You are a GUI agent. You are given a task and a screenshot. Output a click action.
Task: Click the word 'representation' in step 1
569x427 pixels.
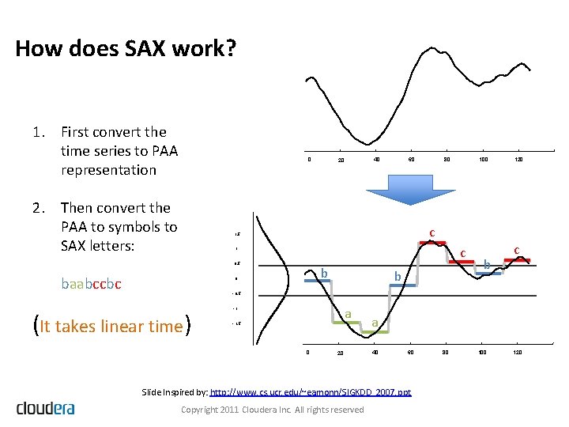[x=108, y=170]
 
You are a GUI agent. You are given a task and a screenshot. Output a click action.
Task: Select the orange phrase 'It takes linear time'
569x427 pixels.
[x=111, y=326]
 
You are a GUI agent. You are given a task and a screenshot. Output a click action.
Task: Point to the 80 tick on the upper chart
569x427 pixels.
[x=447, y=160]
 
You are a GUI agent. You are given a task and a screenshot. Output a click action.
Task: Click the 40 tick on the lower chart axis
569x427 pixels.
[x=376, y=352]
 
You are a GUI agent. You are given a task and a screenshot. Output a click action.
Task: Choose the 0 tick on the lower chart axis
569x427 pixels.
[x=308, y=352]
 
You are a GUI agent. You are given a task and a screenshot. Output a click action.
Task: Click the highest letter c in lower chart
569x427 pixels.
[x=432, y=232]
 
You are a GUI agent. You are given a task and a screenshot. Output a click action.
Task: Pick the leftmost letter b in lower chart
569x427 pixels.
[x=324, y=274]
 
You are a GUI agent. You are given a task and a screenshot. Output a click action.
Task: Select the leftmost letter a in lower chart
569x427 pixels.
[x=348, y=314]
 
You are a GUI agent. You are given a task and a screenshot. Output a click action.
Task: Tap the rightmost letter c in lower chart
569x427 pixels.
[x=516, y=251]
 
